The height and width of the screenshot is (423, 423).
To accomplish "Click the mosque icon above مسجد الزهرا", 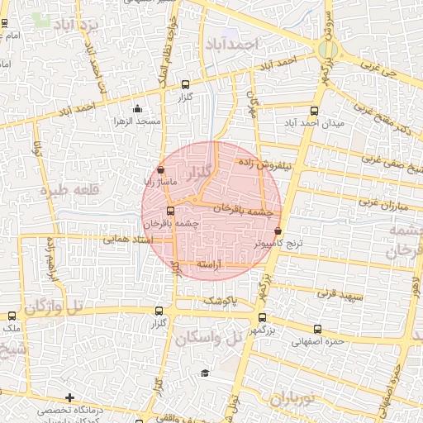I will point(137,108).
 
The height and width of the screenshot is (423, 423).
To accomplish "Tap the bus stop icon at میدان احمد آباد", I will point(314,111).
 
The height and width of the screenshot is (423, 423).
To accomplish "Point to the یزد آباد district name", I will point(80,27).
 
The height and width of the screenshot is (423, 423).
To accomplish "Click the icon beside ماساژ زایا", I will point(160,169).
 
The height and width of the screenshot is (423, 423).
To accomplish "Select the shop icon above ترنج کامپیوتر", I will point(278,231).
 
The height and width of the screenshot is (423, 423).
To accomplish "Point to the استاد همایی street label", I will point(127,240).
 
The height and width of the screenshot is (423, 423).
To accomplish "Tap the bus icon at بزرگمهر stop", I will point(262,317).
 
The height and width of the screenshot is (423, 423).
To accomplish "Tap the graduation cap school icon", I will point(204,373).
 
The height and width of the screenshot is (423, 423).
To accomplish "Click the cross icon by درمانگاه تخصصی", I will point(69,398).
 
